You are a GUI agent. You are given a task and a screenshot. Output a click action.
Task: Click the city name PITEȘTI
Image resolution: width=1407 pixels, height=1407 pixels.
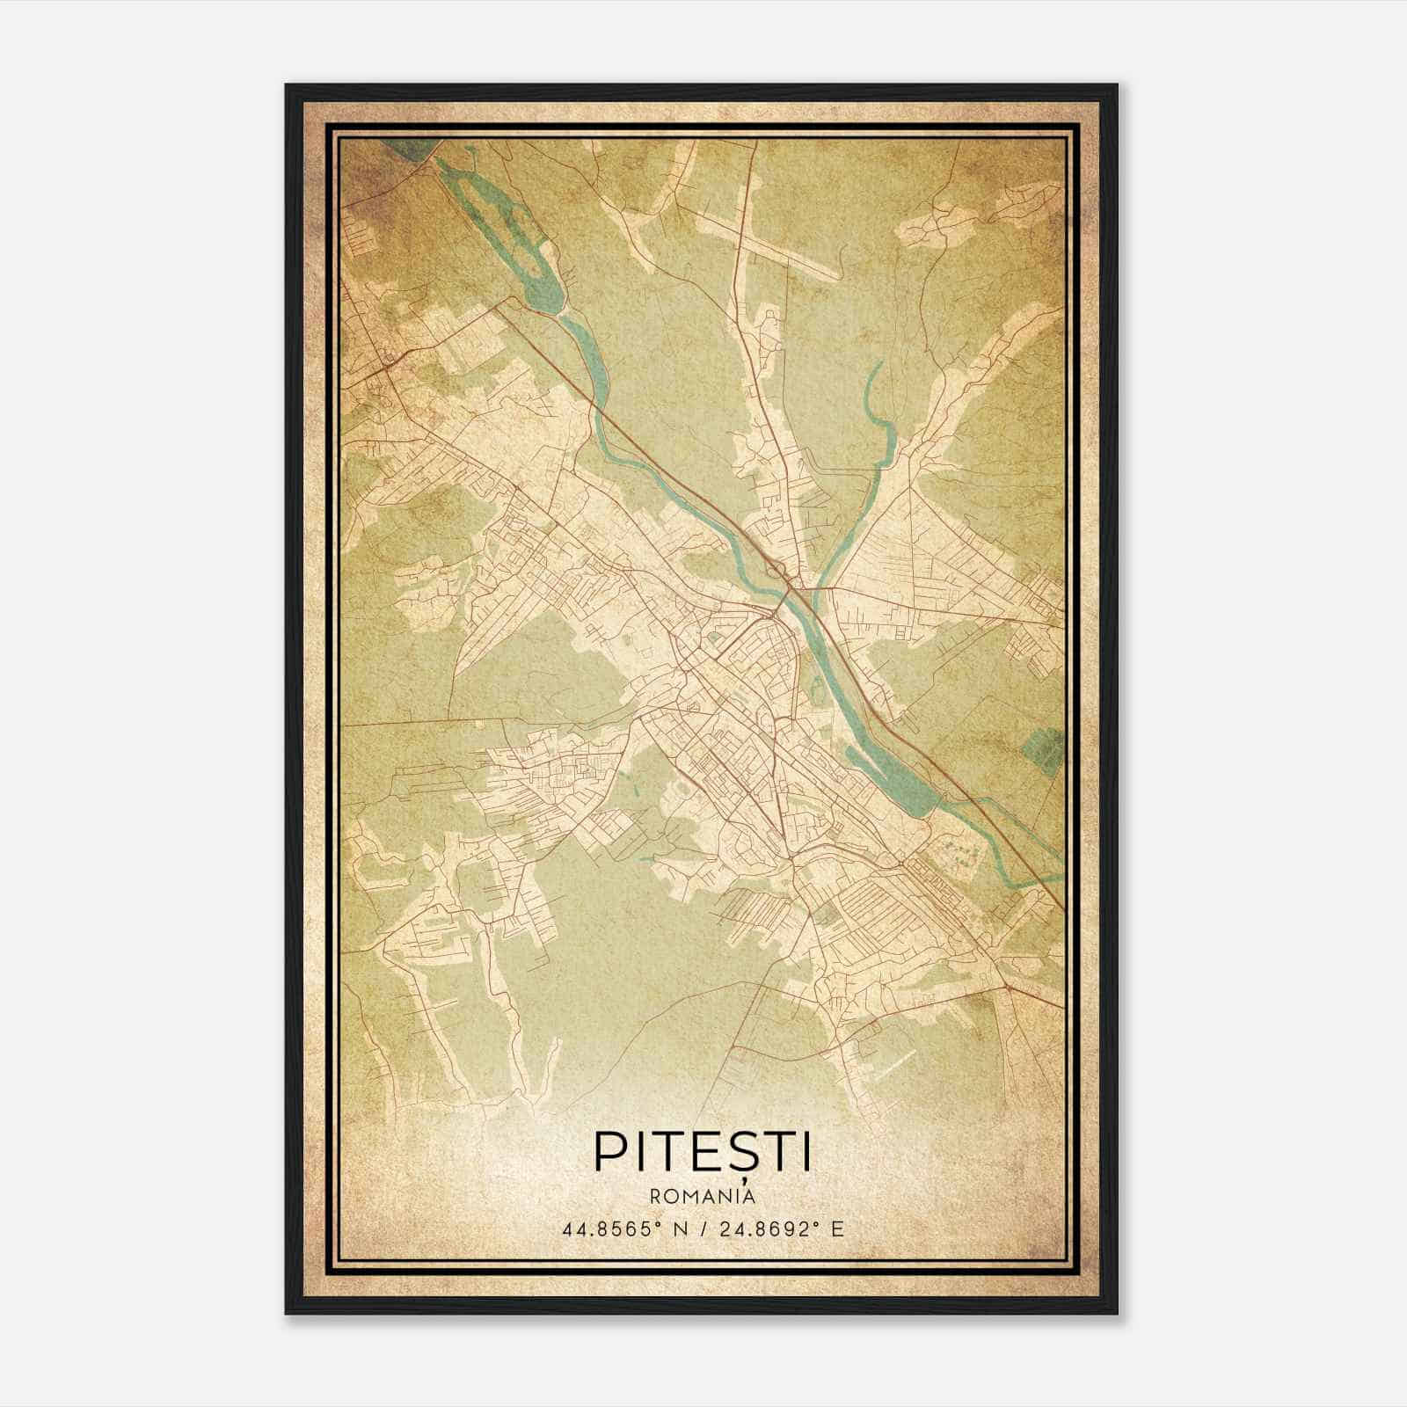pos(703,1152)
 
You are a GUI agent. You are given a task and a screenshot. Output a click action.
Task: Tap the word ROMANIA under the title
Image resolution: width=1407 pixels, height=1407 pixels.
pos(703,1197)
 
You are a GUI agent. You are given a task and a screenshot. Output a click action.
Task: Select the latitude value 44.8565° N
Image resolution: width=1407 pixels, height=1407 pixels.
pos(623,1229)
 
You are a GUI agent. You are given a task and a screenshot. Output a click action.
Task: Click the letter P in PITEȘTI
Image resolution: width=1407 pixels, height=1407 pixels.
pos(610,1152)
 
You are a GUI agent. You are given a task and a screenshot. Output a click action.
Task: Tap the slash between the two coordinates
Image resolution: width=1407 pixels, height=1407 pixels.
pos(704,1229)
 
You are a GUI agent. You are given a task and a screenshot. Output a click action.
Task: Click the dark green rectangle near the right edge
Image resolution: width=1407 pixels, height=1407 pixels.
pos(1043,748)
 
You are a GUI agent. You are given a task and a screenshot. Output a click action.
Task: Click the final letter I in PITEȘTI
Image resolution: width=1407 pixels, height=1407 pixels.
pos(806,1152)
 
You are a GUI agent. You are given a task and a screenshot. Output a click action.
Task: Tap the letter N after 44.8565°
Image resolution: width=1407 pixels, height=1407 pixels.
pos(675,1229)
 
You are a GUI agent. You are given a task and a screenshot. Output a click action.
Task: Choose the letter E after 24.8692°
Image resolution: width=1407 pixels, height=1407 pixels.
pos(838,1229)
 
